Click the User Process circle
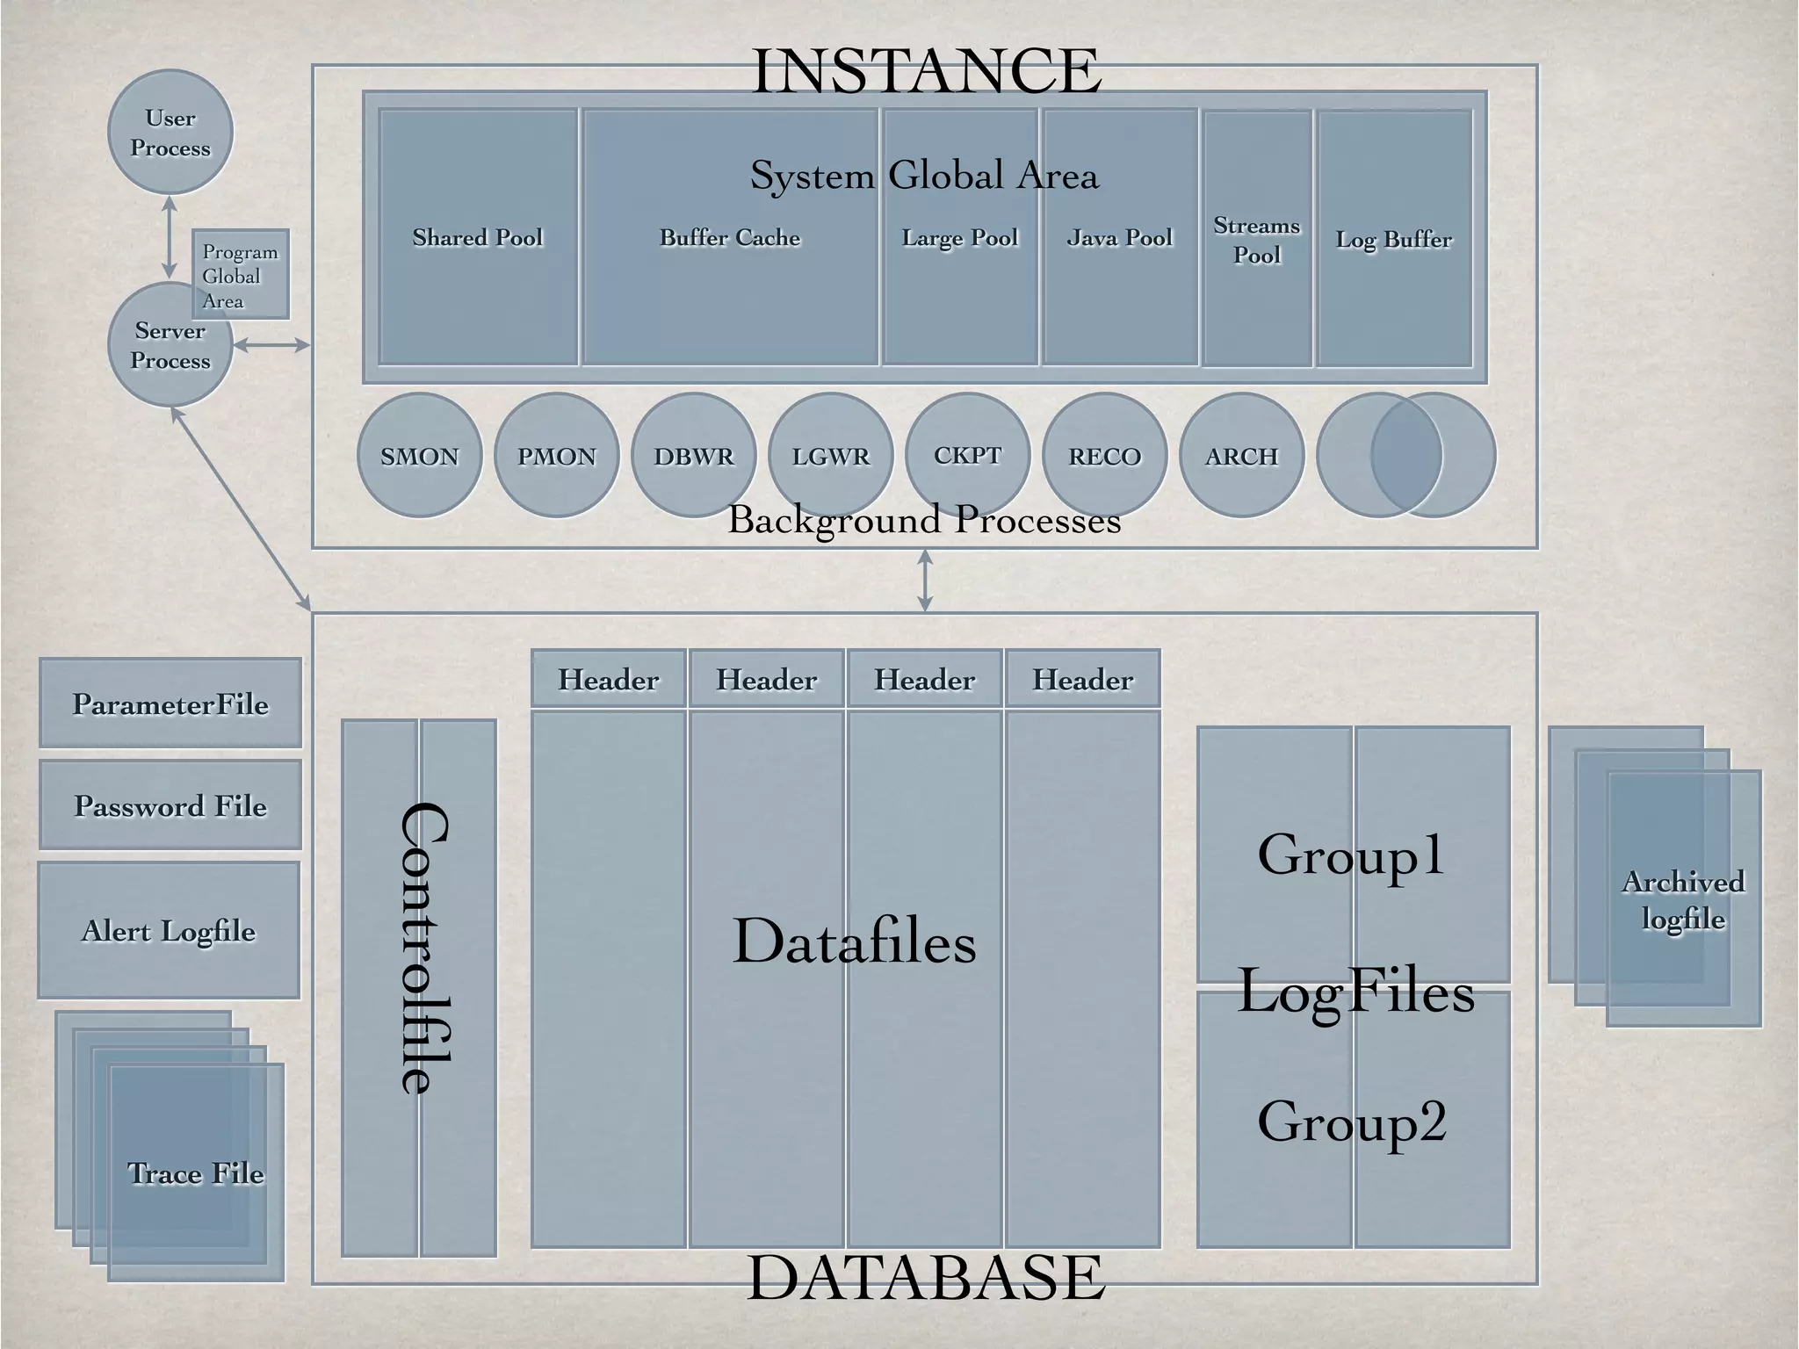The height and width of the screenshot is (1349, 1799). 170,133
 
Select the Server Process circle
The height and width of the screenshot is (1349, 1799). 170,346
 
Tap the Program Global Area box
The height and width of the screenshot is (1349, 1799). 241,275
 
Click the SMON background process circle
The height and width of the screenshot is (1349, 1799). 420,456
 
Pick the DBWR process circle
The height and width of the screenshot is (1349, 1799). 694,456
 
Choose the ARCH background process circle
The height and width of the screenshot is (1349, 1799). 1241,456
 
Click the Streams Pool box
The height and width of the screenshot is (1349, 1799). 1257,240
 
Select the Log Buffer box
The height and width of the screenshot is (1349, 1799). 1394,239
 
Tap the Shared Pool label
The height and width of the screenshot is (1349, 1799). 478,237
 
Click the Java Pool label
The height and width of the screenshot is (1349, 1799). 1120,237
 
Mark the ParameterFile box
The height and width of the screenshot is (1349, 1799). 170,703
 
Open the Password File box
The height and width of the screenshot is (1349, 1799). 170,805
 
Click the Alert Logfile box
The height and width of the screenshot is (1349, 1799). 169,930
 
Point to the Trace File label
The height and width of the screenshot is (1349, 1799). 196,1173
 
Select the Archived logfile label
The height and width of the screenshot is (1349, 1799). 1683,900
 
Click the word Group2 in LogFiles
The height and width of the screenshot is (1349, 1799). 1352,1122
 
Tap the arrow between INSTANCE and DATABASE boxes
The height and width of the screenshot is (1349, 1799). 924,581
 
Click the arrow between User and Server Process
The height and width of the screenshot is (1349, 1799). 170,237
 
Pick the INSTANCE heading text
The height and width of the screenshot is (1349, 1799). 927,71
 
